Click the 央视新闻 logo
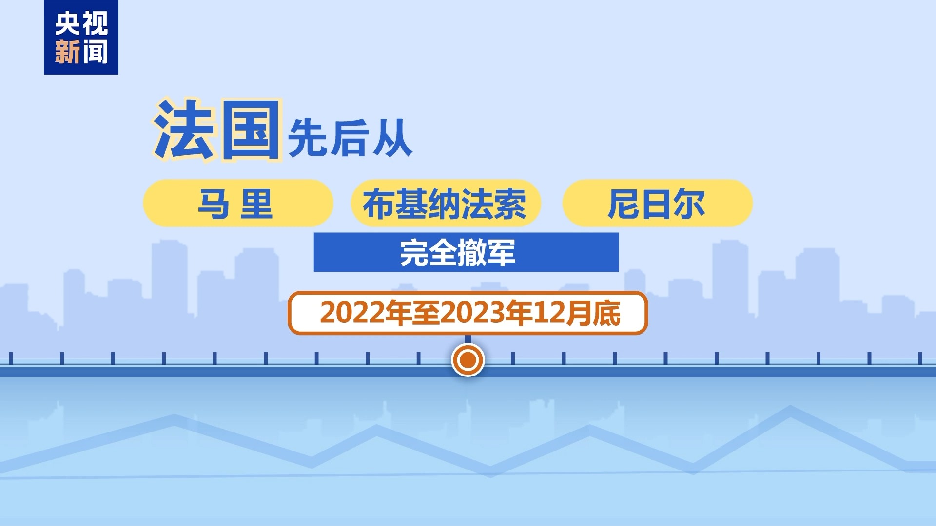click(x=81, y=38)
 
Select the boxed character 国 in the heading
click(x=251, y=130)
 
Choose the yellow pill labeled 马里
click(x=238, y=203)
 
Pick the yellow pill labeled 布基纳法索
click(x=446, y=203)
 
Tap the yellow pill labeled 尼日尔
click(x=658, y=203)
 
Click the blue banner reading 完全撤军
click(x=466, y=252)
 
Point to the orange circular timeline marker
click(x=468, y=360)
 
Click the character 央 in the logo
click(x=67, y=24)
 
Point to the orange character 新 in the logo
click(x=67, y=52)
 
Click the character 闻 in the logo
click(x=95, y=52)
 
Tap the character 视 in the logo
click(x=95, y=24)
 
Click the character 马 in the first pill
click(x=214, y=204)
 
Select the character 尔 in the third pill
click(x=689, y=204)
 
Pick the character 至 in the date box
click(x=426, y=313)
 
